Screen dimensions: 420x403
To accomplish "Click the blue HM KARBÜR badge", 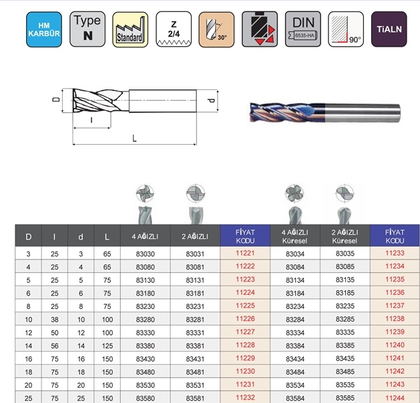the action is click(x=44, y=29).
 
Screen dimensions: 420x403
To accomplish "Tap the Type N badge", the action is click(x=87, y=29).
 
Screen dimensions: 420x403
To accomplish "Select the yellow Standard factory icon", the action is click(x=130, y=29).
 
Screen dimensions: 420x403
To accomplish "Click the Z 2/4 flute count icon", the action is click(x=174, y=29).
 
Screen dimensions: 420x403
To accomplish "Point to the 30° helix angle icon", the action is click(x=216, y=29).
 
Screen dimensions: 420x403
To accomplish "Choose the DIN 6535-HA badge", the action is click(x=303, y=29).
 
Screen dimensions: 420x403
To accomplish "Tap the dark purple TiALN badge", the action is click(x=389, y=29).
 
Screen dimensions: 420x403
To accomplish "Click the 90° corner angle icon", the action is click(x=346, y=29).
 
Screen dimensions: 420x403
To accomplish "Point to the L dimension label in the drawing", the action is click(x=134, y=138).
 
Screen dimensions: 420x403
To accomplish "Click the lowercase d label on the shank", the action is click(x=212, y=100).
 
